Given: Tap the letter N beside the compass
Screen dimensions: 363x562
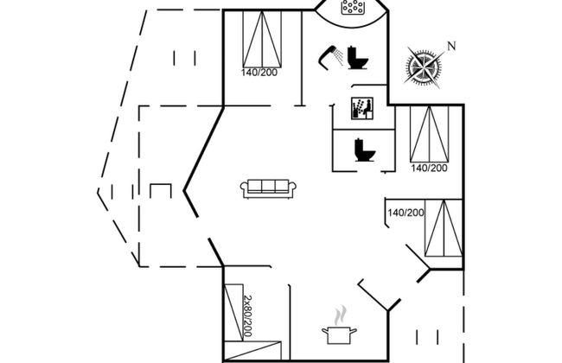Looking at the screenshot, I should [450, 45].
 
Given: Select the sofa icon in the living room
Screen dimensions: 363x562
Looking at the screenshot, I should [268, 187].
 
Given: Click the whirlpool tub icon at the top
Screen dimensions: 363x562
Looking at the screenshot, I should [350, 10].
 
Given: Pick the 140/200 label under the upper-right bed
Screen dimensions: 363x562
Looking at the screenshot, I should [429, 168].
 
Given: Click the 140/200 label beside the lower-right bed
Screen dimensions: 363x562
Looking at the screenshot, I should [406, 213].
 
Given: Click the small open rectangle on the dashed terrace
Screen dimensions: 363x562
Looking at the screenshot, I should [161, 190].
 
